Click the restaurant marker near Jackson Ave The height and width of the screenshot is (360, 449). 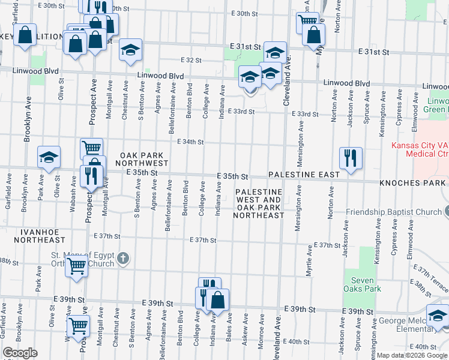[x=351, y=158]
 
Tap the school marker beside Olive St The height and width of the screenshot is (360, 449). [x=49, y=157]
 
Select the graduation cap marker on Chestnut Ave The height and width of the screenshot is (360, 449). [x=130, y=50]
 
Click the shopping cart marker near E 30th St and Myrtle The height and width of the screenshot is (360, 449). [x=307, y=22]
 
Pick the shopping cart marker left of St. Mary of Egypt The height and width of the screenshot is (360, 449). [x=76, y=266]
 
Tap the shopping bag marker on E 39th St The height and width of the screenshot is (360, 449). [x=218, y=299]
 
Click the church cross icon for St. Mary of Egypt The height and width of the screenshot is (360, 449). [x=122, y=258]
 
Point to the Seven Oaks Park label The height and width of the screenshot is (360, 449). [x=363, y=284]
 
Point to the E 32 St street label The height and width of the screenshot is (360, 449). [x=191, y=60]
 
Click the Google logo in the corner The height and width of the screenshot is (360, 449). [x=20, y=353]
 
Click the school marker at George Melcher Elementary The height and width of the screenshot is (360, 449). [x=438, y=316]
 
